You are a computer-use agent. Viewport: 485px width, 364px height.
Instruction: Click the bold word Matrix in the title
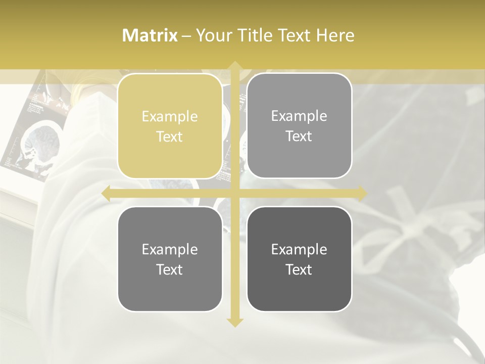click(x=150, y=35)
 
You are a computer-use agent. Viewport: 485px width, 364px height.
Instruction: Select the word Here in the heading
click(x=335, y=35)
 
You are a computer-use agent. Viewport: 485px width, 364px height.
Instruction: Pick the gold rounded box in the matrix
click(x=170, y=126)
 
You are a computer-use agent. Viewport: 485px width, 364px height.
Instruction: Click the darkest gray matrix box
click(x=299, y=259)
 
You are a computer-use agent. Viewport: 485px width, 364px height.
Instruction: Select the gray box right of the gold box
click(x=299, y=126)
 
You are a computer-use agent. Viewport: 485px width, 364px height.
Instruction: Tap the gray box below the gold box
click(x=170, y=259)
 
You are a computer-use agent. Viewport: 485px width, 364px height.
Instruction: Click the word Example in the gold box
click(x=170, y=117)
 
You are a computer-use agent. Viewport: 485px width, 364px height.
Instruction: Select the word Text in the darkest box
click(x=299, y=269)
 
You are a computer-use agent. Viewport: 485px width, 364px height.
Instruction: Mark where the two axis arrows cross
click(x=235, y=193)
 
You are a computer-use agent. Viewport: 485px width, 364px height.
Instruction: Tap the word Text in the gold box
click(x=170, y=136)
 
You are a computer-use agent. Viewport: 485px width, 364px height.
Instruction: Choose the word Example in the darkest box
click(x=299, y=249)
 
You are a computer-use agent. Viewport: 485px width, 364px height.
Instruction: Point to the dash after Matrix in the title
click(x=186, y=36)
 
